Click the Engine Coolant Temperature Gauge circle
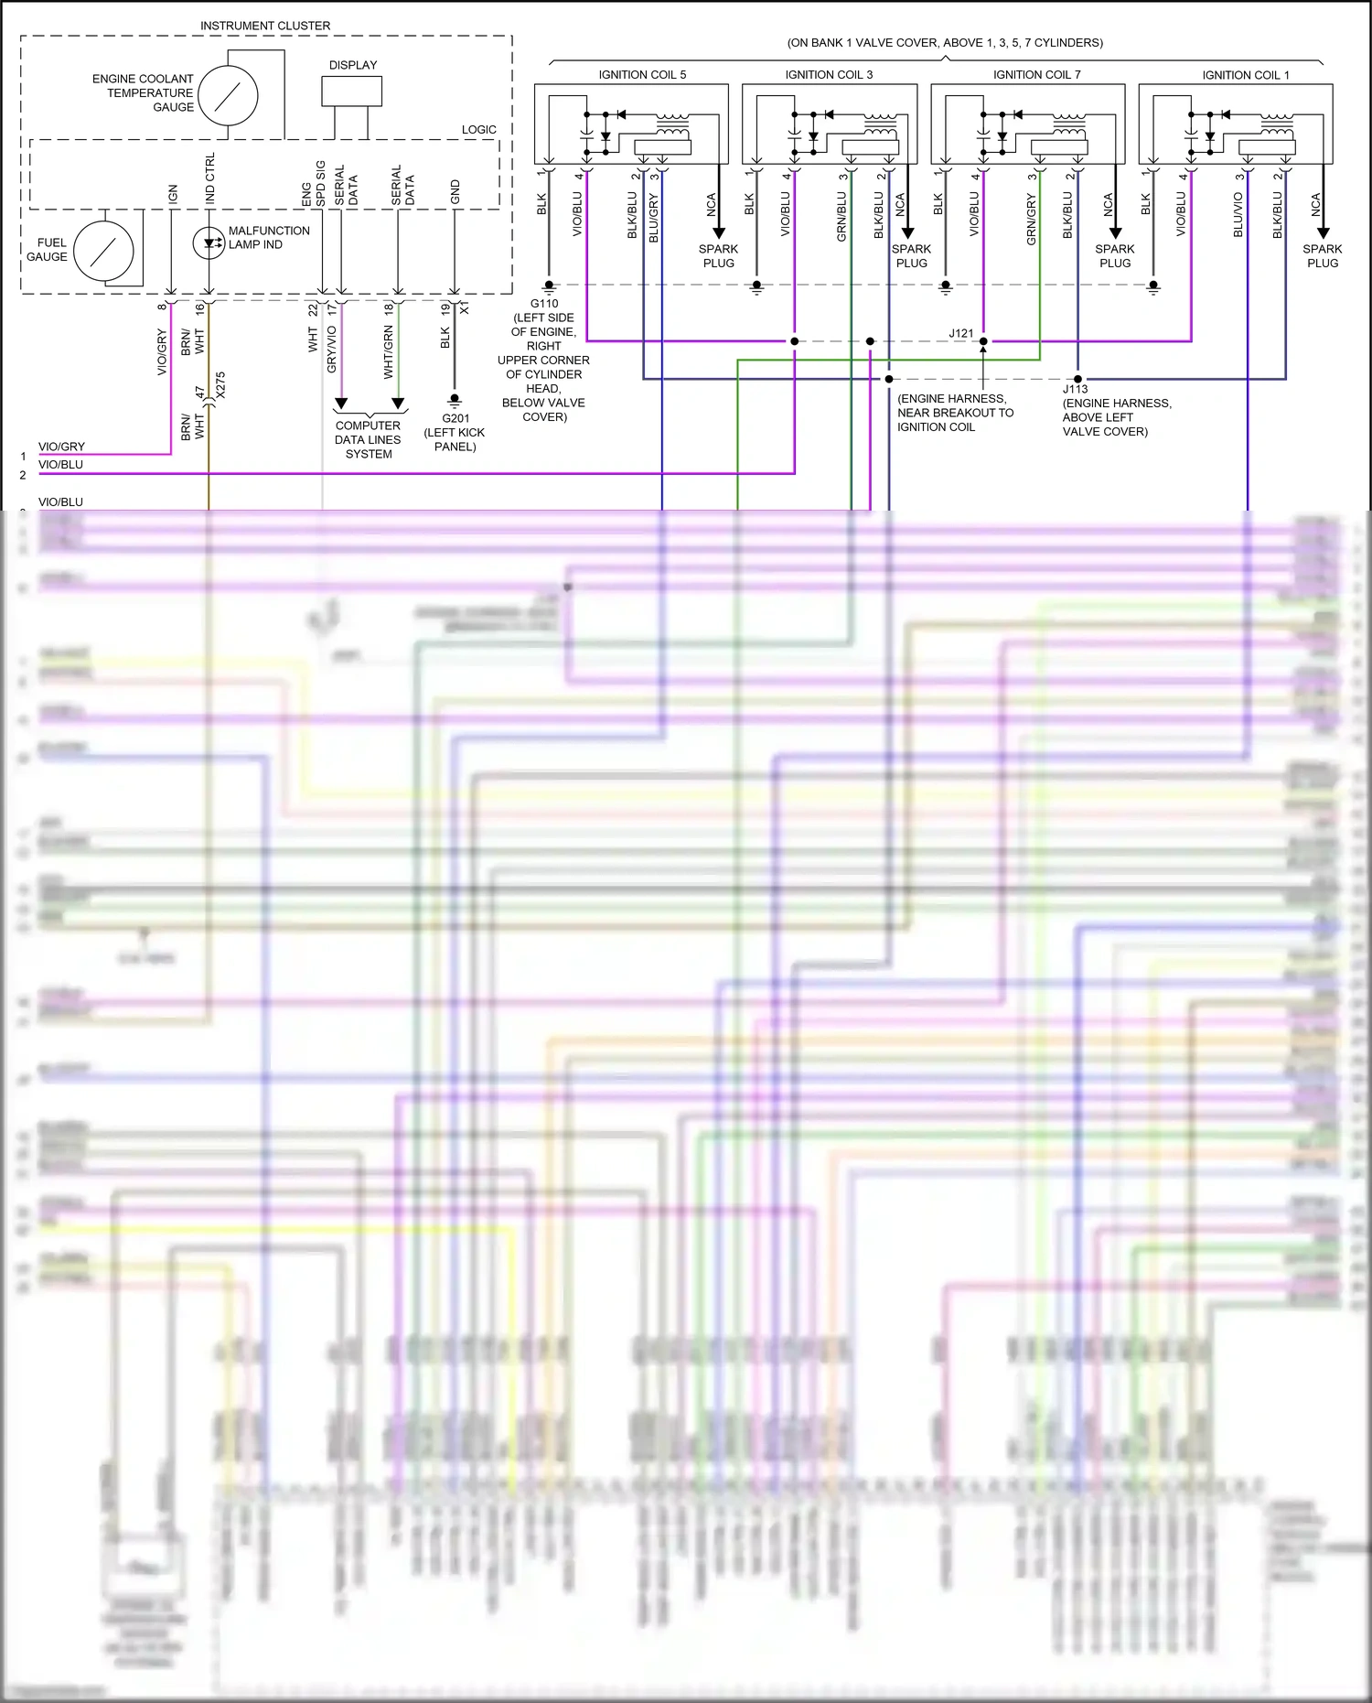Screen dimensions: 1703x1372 click(228, 95)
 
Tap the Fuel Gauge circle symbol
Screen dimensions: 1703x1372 click(103, 251)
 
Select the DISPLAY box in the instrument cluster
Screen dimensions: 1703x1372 click(351, 91)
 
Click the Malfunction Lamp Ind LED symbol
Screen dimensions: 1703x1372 click(209, 243)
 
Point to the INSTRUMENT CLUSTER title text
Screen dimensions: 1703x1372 click(265, 26)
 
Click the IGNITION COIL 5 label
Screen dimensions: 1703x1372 click(642, 75)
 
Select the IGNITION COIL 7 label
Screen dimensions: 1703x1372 click(1036, 75)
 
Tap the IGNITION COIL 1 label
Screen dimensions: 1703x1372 click(1245, 75)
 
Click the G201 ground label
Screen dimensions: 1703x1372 click(456, 418)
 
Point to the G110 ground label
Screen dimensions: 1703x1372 click(544, 304)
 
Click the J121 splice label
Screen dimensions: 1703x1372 click(960, 333)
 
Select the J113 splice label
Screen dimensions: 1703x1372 click(1075, 389)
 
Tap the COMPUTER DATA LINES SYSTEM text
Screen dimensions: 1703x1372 click(368, 439)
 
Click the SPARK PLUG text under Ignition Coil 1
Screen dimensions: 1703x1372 click(1322, 255)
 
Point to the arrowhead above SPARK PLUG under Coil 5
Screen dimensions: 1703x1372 click(718, 232)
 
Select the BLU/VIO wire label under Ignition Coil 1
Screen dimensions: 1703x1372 click(1238, 215)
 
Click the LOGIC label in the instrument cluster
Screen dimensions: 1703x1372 click(478, 130)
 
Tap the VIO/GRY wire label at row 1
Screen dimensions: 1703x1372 click(61, 447)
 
